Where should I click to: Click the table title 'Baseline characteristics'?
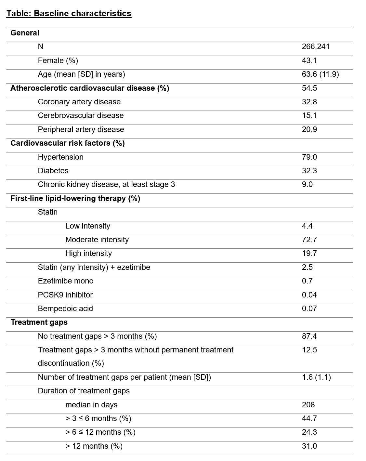pyautogui.click(x=69, y=14)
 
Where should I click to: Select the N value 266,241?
pyautogui.click(x=316, y=47)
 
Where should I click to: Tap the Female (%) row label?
pyautogui.click(x=58, y=61)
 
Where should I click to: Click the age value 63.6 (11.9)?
pyautogui.click(x=320, y=74)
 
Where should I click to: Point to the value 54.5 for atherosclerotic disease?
pyautogui.click(x=309, y=88)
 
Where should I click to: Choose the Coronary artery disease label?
pyautogui.click(x=79, y=102)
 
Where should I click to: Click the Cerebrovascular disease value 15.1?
pyautogui.click(x=309, y=116)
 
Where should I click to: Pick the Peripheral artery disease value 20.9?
pyautogui.click(x=309, y=130)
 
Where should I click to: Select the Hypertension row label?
pyautogui.click(x=60, y=157)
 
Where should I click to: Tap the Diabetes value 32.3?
pyautogui.click(x=309, y=171)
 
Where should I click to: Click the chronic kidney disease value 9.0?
pyautogui.click(x=307, y=185)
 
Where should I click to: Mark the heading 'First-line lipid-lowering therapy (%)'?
pyautogui.click(x=75, y=199)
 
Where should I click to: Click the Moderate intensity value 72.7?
pyautogui.click(x=309, y=240)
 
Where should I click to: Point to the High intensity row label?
pyautogui.click(x=88, y=254)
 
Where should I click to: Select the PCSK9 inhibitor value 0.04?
pyautogui.click(x=309, y=295)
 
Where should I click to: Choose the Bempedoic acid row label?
pyautogui.click(x=65, y=309)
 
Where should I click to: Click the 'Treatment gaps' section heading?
pyautogui.click(x=39, y=323)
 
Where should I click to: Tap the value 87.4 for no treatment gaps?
pyautogui.click(x=309, y=336)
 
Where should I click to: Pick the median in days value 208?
pyautogui.click(x=308, y=405)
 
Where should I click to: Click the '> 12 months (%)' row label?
pyautogui.click(x=94, y=446)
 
